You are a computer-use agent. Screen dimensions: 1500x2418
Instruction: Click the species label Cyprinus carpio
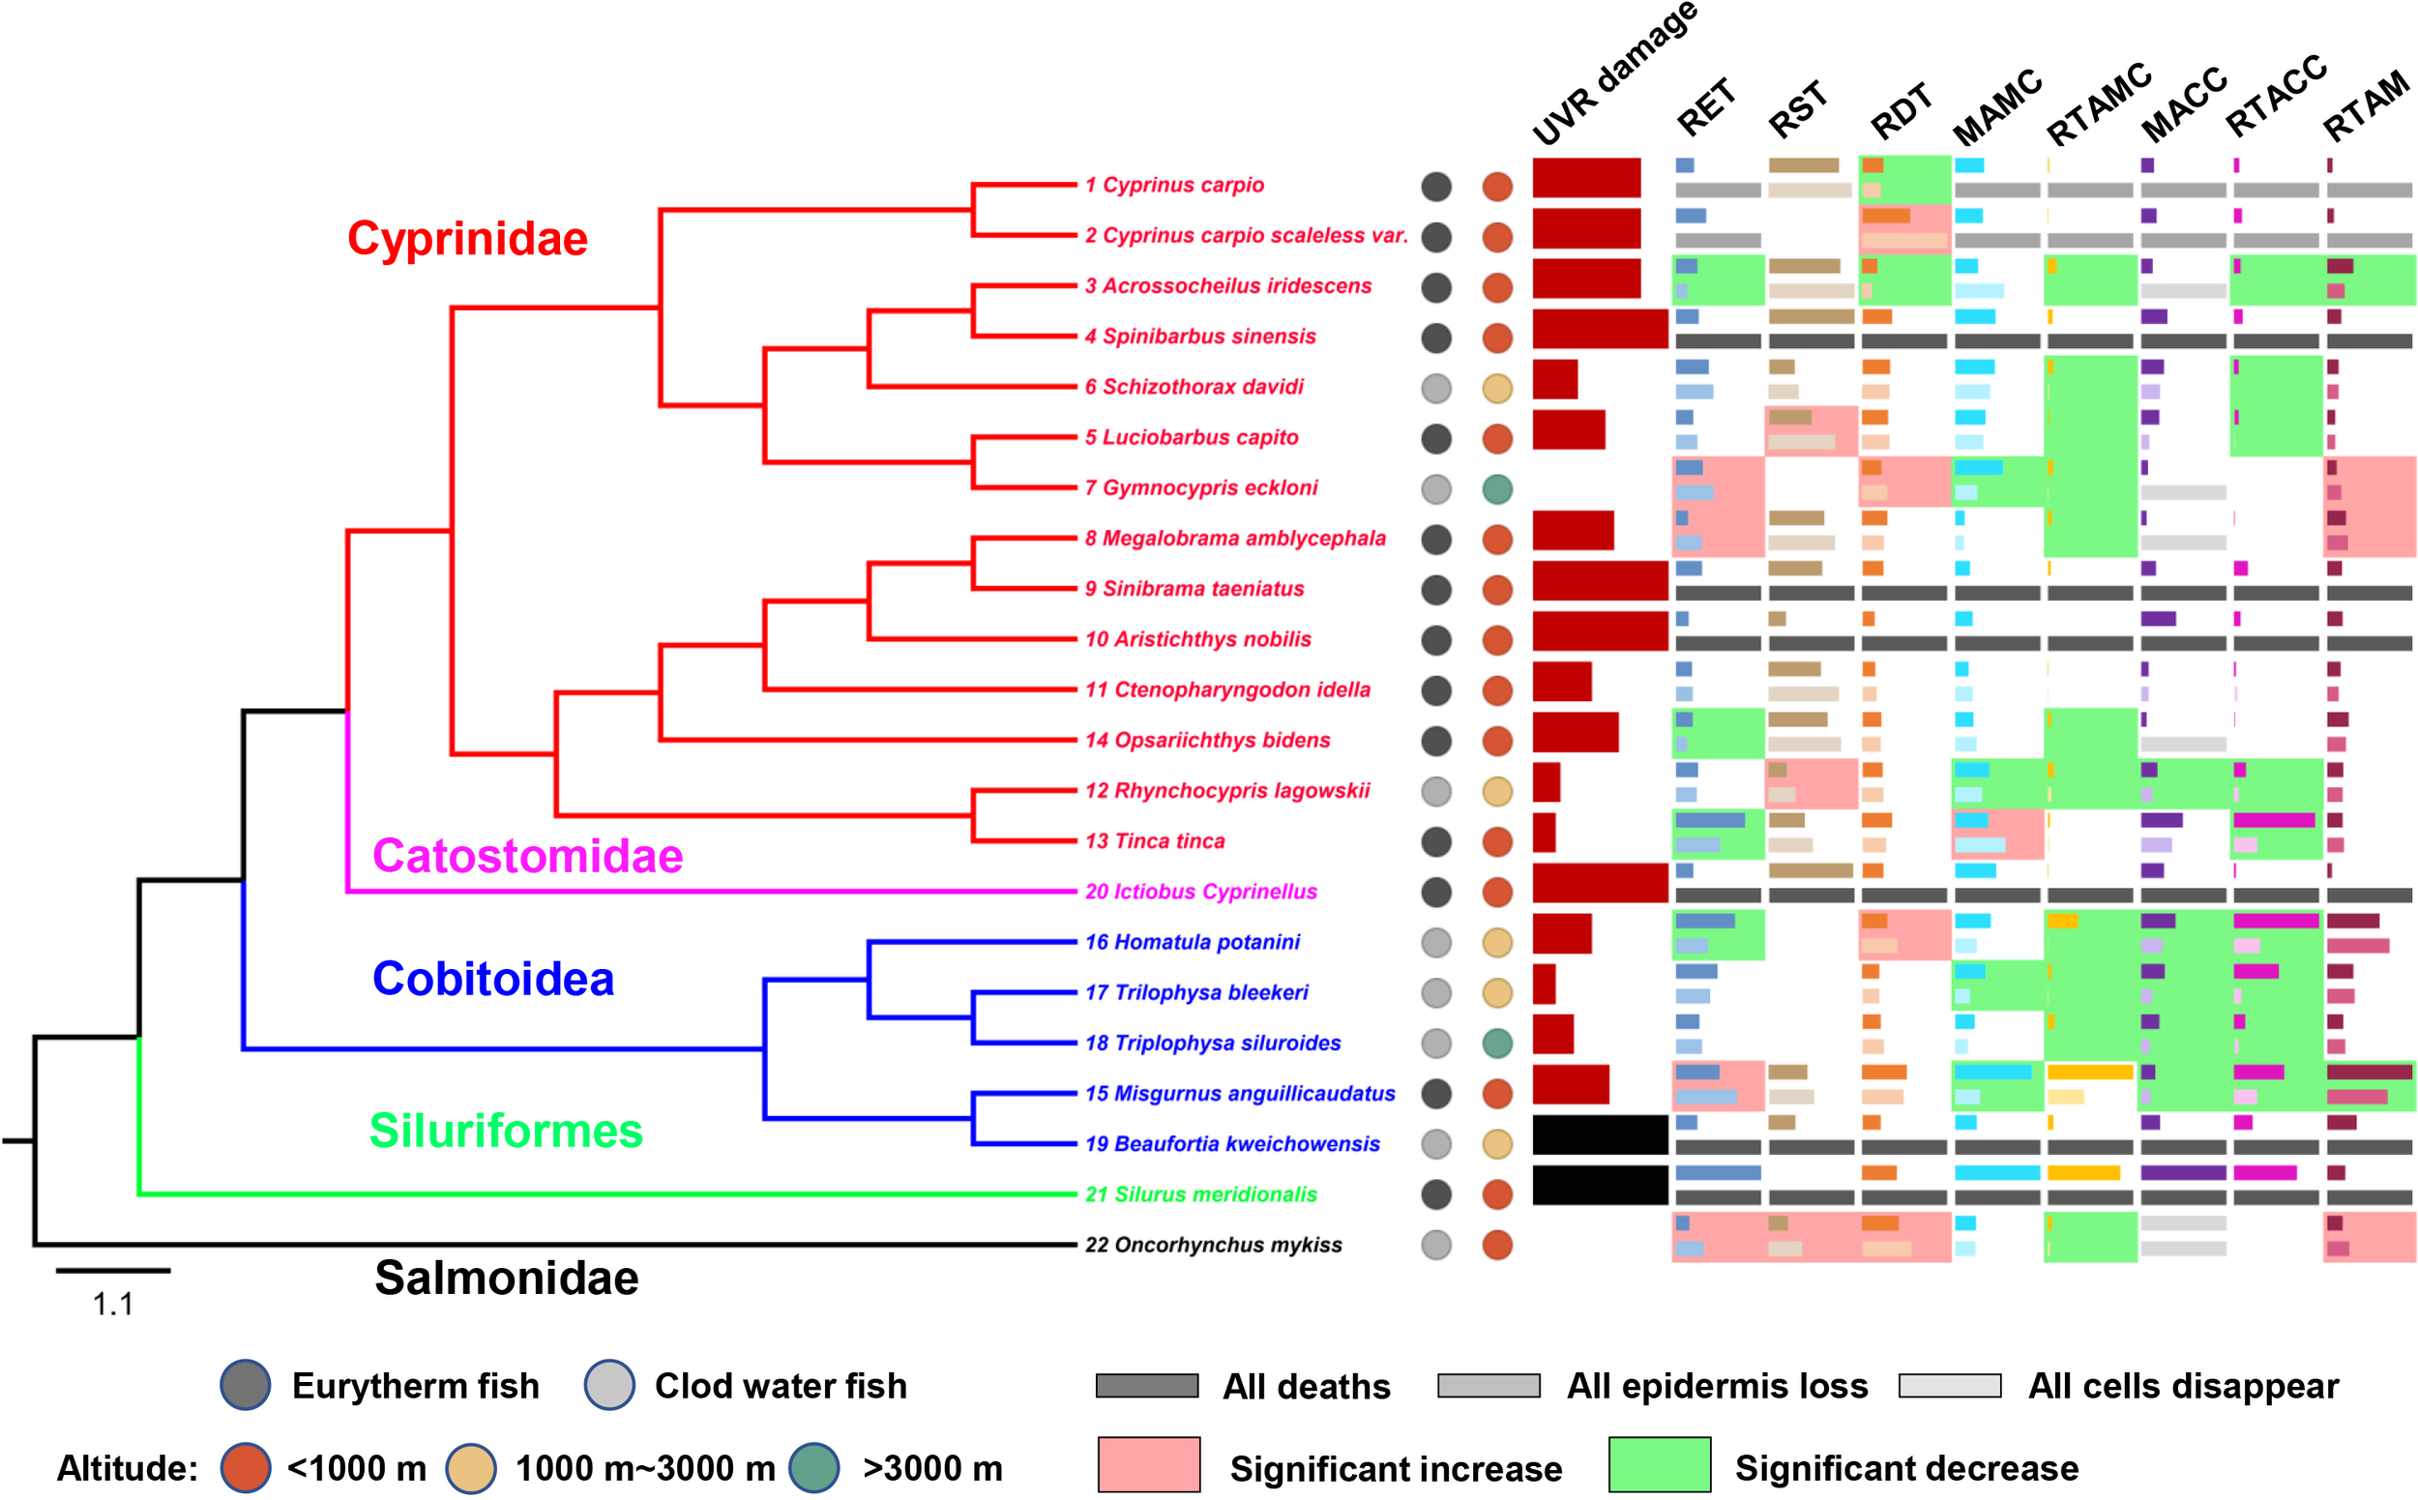pyautogui.click(x=1174, y=186)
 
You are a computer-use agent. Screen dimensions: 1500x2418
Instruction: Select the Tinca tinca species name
pyautogui.click(x=1155, y=841)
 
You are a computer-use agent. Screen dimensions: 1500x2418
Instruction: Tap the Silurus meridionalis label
pyautogui.click(x=1200, y=1194)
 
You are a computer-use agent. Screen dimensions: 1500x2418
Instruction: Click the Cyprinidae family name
pyautogui.click(x=467, y=239)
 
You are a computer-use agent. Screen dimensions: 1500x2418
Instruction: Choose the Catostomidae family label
pyautogui.click(x=527, y=856)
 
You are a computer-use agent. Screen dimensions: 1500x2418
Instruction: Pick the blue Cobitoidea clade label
pyautogui.click(x=493, y=979)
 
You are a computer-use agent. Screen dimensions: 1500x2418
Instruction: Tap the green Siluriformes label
pyautogui.click(x=506, y=1131)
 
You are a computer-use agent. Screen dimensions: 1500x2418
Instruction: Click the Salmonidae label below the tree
pyautogui.click(x=506, y=1278)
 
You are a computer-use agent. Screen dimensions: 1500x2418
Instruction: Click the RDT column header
pyautogui.click(x=1901, y=111)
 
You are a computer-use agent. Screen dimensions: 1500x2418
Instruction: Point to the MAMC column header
pyautogui.click(x=1995, y=107)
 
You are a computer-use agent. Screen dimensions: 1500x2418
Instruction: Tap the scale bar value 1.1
pyautogui.click(x=113, y=1304)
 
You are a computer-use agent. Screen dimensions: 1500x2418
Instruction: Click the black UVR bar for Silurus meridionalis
pyautogui.click(x=1600, y=1185)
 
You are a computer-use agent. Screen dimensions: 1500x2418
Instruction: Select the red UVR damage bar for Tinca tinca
pyautogui.click(x=1544, y=833)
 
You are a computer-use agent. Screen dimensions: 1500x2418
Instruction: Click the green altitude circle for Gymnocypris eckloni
pyautogui.click(x=1496, y=488)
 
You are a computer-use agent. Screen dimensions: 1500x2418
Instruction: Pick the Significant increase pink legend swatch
pyautogui.click(x=1148, y=1464)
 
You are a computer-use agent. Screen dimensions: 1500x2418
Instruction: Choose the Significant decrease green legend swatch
pyautogui.click(x=1659, y=1464)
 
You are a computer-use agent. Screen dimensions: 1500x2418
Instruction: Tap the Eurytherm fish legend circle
pyautogui.click(x=245, y=1385)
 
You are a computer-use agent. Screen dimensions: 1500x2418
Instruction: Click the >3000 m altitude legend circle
pyautogui.click(x=814, y=1467)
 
